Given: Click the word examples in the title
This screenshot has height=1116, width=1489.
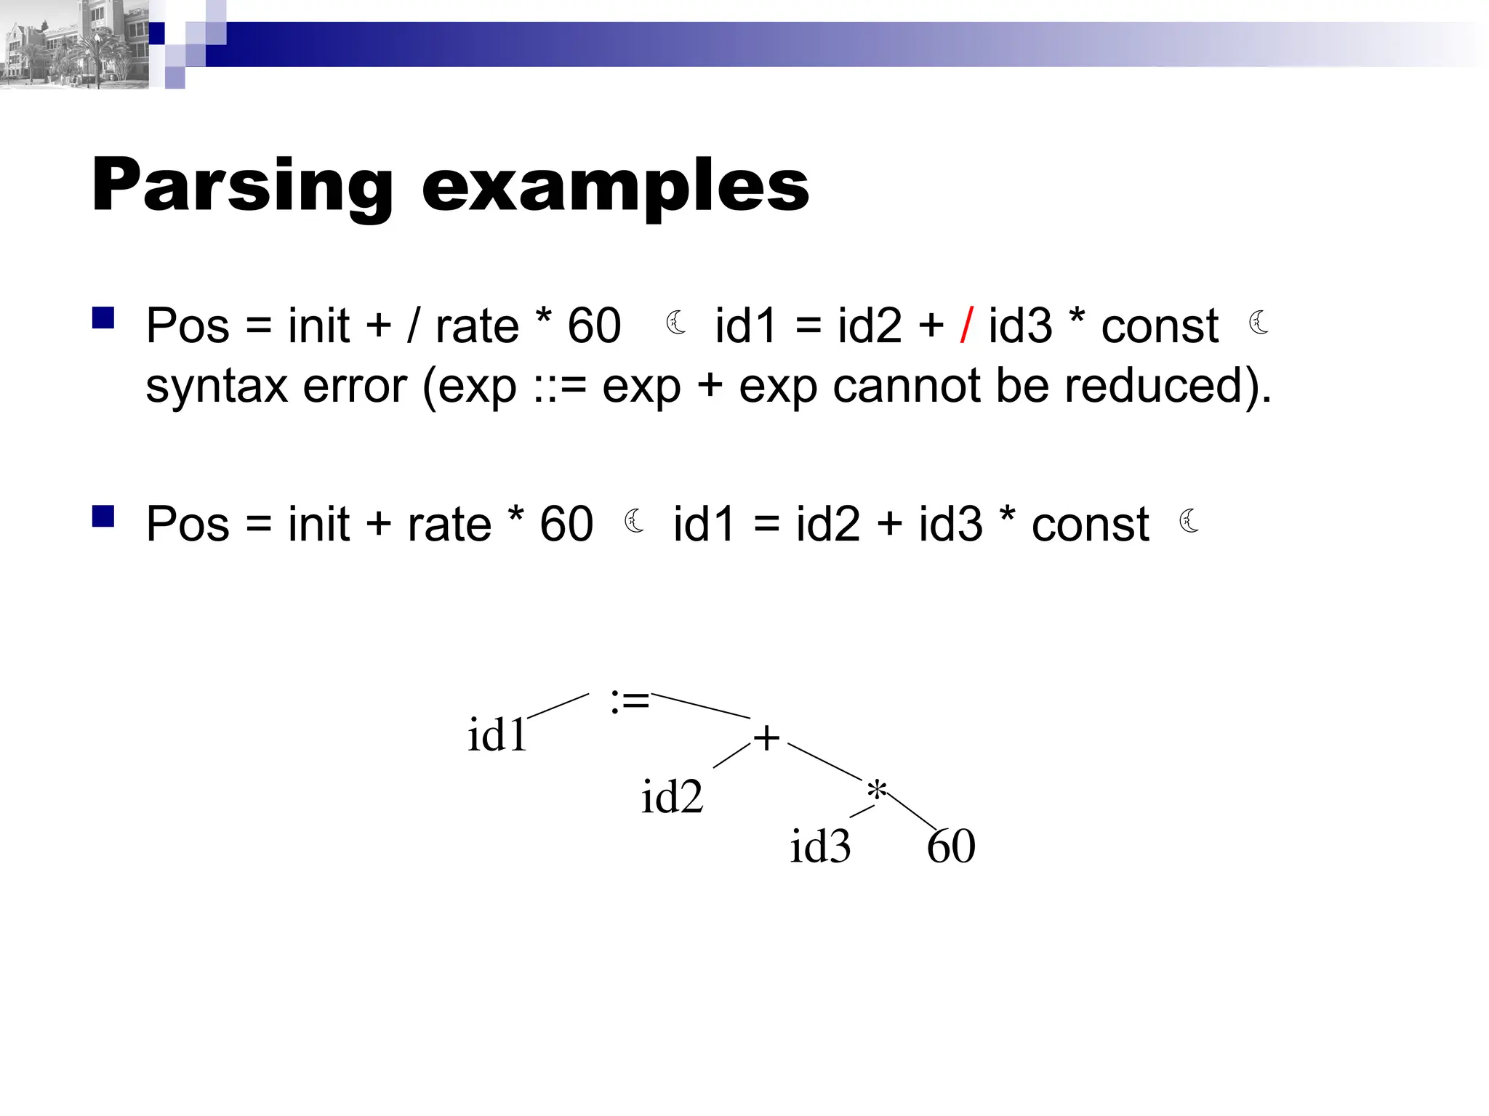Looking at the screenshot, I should pos(615,187).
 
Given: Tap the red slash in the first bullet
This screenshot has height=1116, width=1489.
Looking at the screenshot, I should pos(966,325).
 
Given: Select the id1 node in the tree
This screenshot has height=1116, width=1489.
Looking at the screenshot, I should pos(497,735).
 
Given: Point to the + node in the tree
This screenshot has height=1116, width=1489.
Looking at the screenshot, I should pos(766,738).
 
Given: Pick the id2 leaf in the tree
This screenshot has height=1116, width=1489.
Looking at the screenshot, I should pos(672,796).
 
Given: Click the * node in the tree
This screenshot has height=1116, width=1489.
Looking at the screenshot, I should pos(877,790).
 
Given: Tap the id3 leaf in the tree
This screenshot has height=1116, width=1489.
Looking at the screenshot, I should pos(820,846).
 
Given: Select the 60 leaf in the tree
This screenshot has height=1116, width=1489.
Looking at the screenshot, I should pos(951,846).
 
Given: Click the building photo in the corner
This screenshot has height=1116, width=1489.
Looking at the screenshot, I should pos(73,44).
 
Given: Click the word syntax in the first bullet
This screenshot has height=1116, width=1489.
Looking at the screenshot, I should pos(216,386).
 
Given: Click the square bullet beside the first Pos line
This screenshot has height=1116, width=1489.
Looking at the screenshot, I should pos(103,318).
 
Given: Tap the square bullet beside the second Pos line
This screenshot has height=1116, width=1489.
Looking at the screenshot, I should pos(103,516).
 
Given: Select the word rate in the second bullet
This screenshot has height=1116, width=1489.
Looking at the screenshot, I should pos(449,524).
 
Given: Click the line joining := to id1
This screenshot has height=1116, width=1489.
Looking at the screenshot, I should pos(558,706).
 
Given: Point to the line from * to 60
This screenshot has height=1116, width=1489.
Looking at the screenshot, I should pos(912,812).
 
